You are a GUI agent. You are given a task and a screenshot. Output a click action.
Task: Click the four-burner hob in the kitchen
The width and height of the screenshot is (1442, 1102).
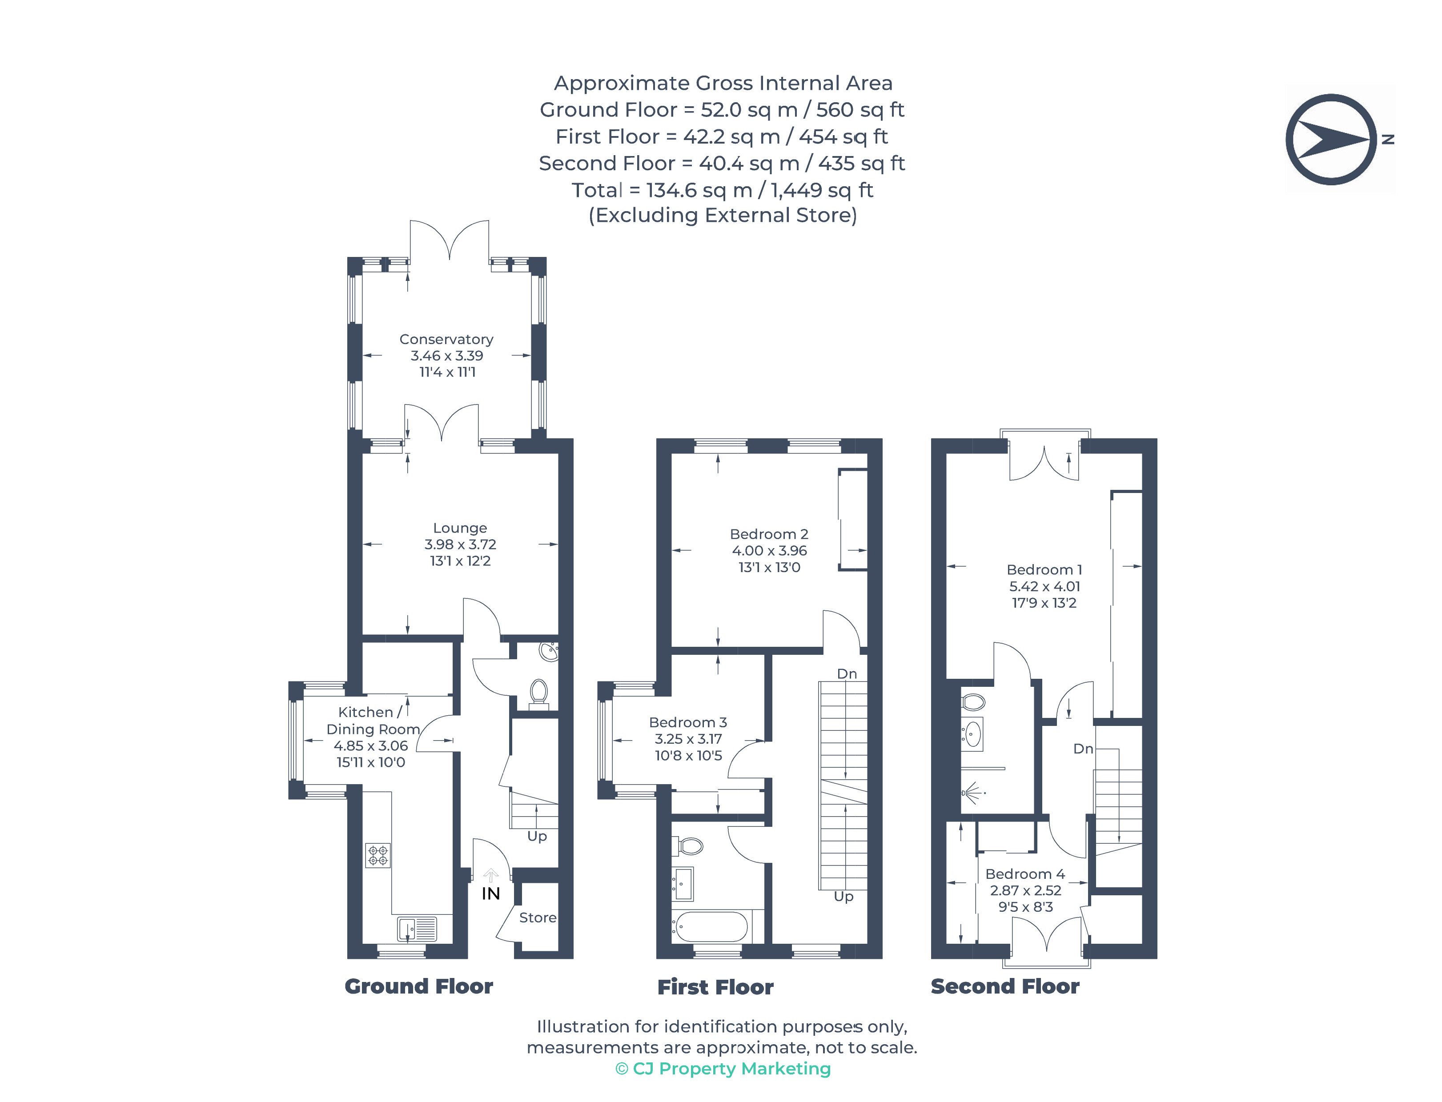tap(378, 855)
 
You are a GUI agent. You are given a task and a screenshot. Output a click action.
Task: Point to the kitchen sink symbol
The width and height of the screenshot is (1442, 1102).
tap(417, 929)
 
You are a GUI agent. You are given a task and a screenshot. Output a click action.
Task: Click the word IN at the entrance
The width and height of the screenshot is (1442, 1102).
tap(491, 894)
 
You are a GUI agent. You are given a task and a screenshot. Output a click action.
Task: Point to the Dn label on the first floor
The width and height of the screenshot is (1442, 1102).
tap(847, 673)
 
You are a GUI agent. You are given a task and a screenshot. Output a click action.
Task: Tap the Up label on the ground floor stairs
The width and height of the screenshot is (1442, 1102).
tap(537, 836)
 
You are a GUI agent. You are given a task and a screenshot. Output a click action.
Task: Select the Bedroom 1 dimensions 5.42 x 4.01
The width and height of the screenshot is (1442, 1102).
tap(1044, 586)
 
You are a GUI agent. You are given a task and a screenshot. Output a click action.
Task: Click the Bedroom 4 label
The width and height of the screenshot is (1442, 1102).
tap(1025, 874)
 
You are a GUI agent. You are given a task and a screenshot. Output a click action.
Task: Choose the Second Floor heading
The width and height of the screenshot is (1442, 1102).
tap(1004, 986)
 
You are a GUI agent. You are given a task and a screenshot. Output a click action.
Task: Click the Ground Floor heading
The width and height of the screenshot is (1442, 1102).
tap(418, 986)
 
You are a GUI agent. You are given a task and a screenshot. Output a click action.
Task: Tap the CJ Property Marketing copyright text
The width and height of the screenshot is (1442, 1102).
tap(723, 1069)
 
